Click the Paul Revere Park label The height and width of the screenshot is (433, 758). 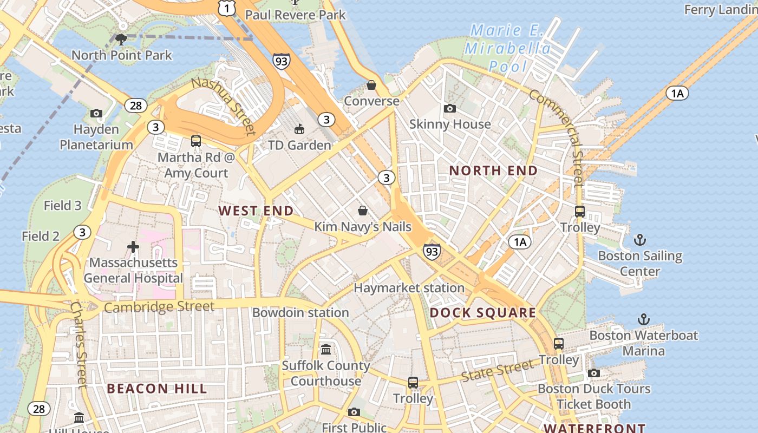click(295, 15)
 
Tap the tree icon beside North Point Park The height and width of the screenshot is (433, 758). click(121, 38)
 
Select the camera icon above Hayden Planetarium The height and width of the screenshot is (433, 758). click(96, 113)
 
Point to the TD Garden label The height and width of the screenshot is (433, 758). click(299, 145)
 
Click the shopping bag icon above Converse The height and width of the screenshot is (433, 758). click(371, 85)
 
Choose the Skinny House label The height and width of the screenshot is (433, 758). click(450, 124)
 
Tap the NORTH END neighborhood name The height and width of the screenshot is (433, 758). click(493, 170)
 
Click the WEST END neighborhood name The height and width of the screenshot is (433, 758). click(256, 211)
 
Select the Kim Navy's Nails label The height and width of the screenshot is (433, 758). click(363, 227)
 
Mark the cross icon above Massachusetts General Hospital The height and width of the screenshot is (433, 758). click(133, 247)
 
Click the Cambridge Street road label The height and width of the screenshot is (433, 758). click(159, 307)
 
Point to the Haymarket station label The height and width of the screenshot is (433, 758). click(409, 288)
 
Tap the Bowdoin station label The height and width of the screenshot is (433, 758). click(300, 312)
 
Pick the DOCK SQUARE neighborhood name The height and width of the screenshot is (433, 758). click(482, 313)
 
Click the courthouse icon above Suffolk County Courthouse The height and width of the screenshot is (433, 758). click(326, 349)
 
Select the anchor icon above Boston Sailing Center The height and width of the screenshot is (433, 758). click(641, 239)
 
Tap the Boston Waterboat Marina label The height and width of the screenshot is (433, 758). click(643, 343)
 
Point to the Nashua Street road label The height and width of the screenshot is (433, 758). click(223, 106)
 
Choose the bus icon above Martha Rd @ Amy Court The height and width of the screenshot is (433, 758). click(196, 141)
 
